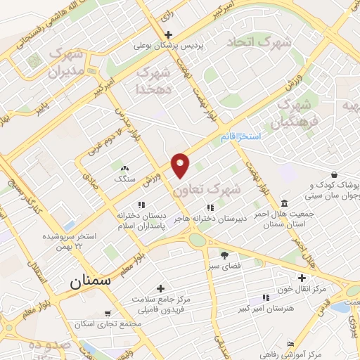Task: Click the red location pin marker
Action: pyautogui.click(x=181, y=165)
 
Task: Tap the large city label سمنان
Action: pyautogui.click(x=91, y=281)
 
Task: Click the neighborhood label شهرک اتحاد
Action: pyautogui.click(x=259, y=43)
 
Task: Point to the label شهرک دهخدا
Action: pyautogui.click(x=153, y=80)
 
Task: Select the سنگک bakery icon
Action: pyautogui.click(x=125, y=168)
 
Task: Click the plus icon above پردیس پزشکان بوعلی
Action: pyautogui.click(x=167, y=34)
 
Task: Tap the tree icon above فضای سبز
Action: pyautogui.click(x=224, y=255)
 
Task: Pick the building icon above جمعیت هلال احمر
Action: pyautogui.click(x=284, y=202)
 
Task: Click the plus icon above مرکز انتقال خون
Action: pyautogui.click(x=302, y=278)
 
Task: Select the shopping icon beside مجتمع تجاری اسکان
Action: pyautogui.click(x=106, y=314)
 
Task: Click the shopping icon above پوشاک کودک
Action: pyautogui.click(x=333, y=174)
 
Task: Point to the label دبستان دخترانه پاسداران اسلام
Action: pyautogui.click(x=141, y=219)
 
